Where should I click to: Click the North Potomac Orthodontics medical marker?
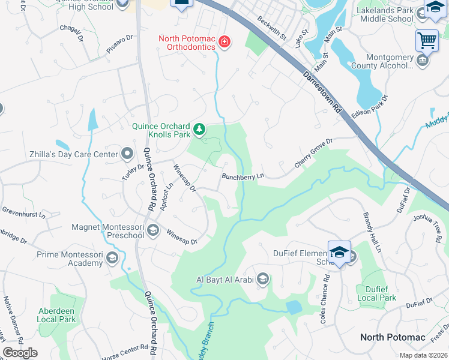pos(224,42)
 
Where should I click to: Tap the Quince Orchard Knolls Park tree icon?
pos(199,129)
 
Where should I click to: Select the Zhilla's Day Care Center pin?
pos(127,154)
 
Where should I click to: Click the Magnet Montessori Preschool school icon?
pos(153,230)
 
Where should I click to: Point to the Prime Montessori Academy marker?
pos(112,259)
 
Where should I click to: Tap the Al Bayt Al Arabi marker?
pos(262,279)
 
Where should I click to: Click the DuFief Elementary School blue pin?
pos(339,253)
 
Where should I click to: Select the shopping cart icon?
pos(426,41)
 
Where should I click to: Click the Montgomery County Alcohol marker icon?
pos(423,61)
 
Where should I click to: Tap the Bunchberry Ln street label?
pos(243,177)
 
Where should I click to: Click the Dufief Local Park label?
pos(376,293)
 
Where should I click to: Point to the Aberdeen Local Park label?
pos(56,315)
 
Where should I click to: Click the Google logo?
pos(20,353)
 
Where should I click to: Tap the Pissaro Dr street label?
pos(119,45)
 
